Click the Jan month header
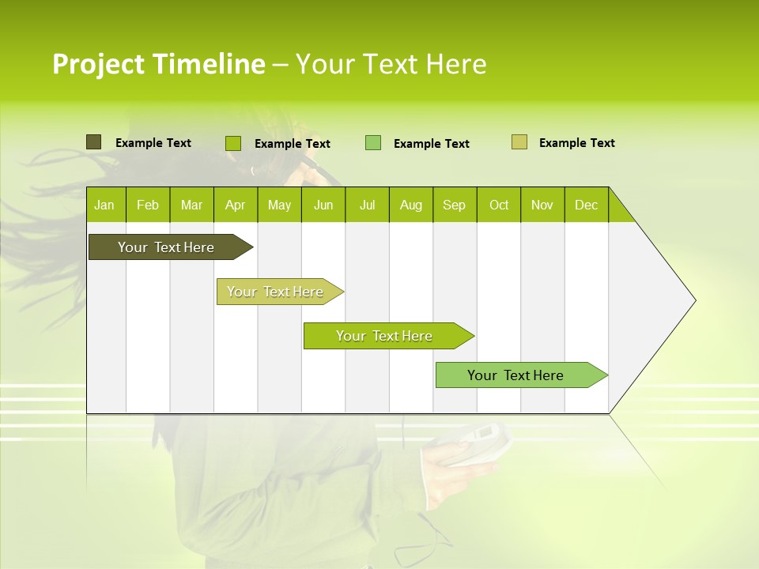point(104,205)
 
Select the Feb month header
point(148,205)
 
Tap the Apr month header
point(235,205)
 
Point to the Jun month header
point(323,205)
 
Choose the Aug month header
point(410,205)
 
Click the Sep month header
point(454,205)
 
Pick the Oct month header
point(499,205)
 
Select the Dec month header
point(586,205)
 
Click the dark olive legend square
point(93,142)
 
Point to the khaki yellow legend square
point(519,142)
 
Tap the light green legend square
point(373,143)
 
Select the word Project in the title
point(98,64)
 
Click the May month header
point(279,205)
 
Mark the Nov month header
point(542,205)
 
